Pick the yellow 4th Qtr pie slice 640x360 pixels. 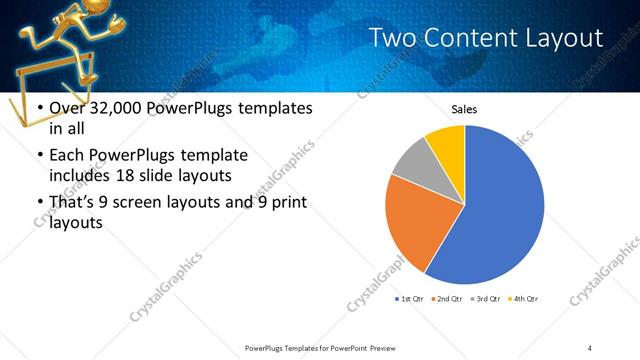(448, 145)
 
